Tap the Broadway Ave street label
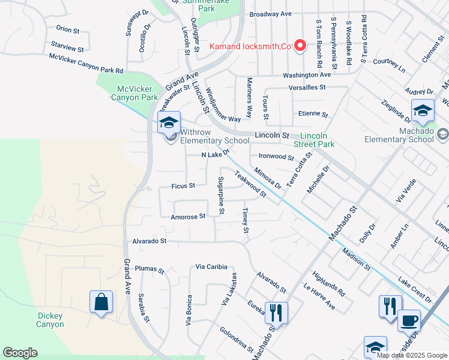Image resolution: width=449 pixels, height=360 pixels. pyautogui.click(x=270, y=13)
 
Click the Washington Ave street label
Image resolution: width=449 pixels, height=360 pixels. pyautogui.click(x=307, y=75)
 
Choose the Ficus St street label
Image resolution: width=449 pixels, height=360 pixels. pyautogui.click(x=183, y=186)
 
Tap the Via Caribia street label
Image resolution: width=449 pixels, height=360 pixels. pyautogui.click(x=214, y=266)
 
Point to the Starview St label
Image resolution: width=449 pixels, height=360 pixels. pyautogui.click(x=67, y=46)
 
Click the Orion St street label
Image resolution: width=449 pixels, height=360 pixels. pyautogui.click(x=67, y=29)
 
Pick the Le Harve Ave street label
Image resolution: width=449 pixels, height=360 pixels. pyautogui.click(x=319, y=297)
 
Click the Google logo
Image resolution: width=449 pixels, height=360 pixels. pyautogui.click(x=20, y=353)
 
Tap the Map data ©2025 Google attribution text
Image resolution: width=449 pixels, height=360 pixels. pyautogui.click(x=411, y=355)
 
